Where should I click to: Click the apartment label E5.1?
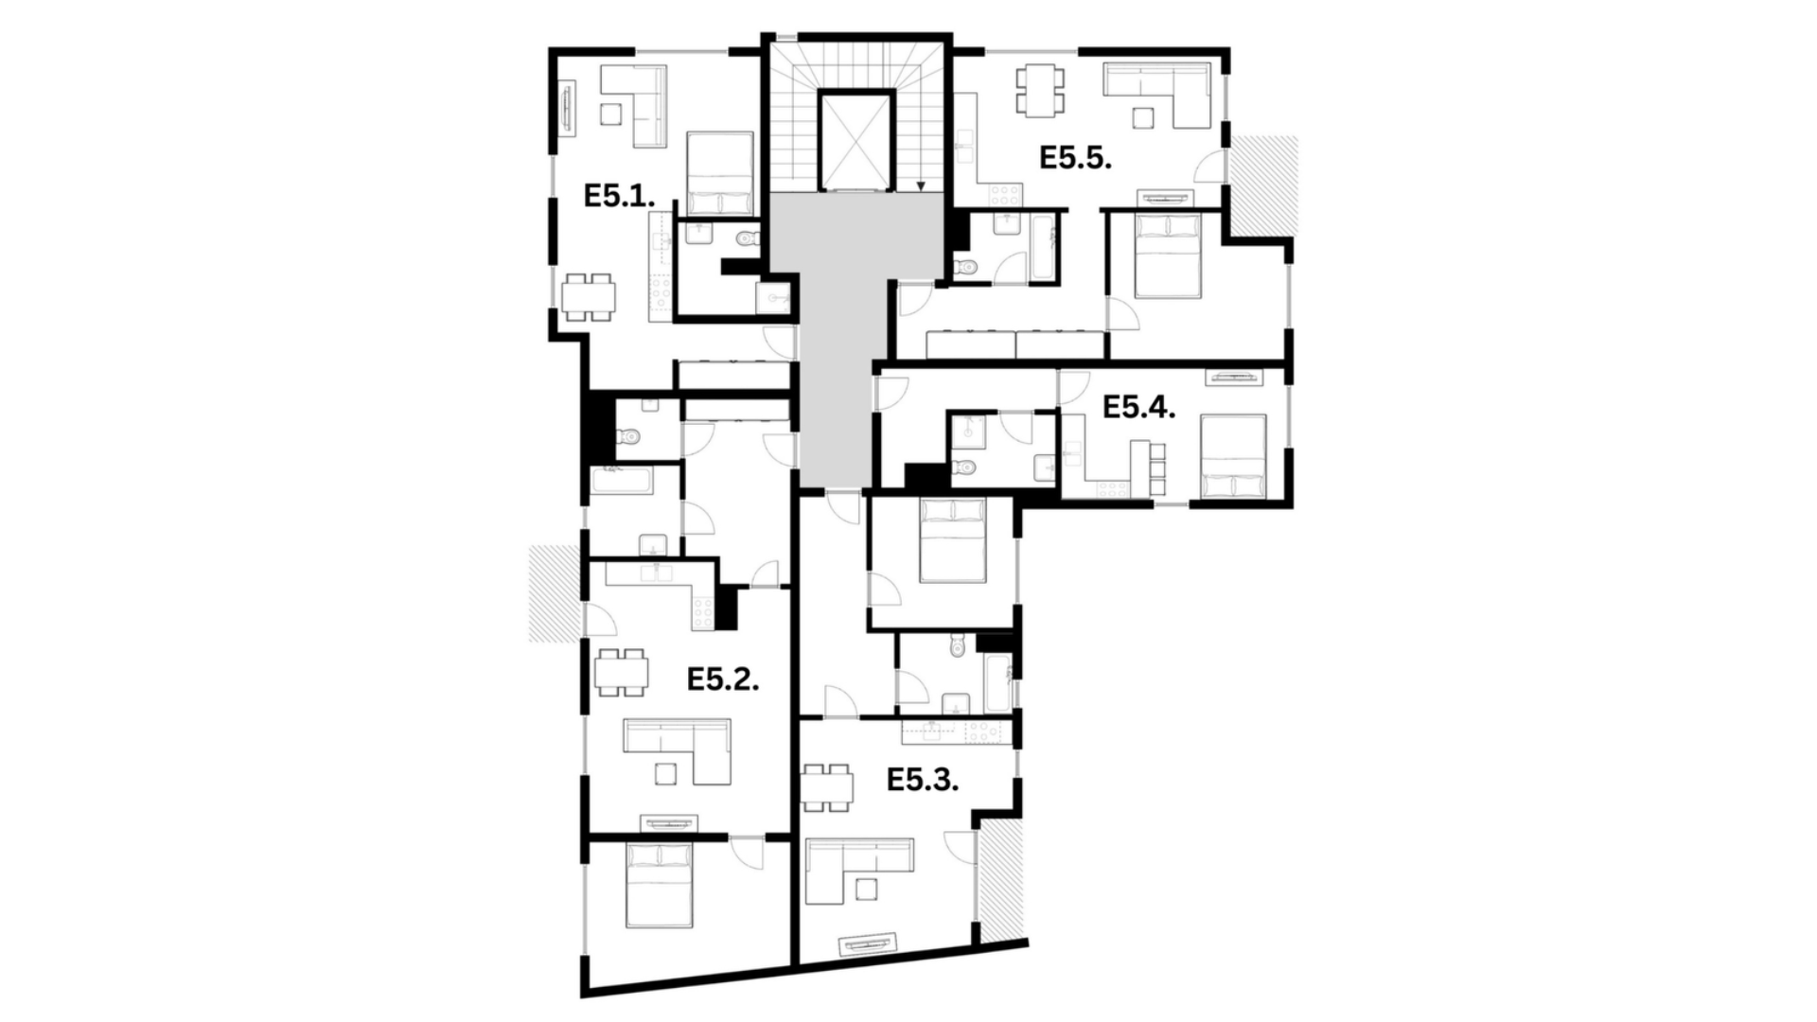pos(619,197)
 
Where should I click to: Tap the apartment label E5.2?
pos(723,679)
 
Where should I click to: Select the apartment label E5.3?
pos(923,781)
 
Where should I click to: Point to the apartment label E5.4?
pos(1139,408)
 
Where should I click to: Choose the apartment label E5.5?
pos(1075,158)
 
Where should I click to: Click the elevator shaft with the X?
pos(856,140)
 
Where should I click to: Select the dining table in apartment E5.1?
pos(588,298)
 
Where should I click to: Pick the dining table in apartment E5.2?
pos(621,673)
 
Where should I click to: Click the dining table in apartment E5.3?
pos(826,787)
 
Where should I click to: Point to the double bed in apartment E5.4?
pos(1234,457)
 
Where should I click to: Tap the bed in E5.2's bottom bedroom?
pos(660,885)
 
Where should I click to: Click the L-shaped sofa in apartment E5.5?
pos(1157,95)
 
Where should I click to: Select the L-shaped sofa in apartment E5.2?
pos(677,751)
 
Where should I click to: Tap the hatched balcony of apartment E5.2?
pos(554,594)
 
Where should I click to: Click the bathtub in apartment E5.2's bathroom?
pos(622,481)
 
